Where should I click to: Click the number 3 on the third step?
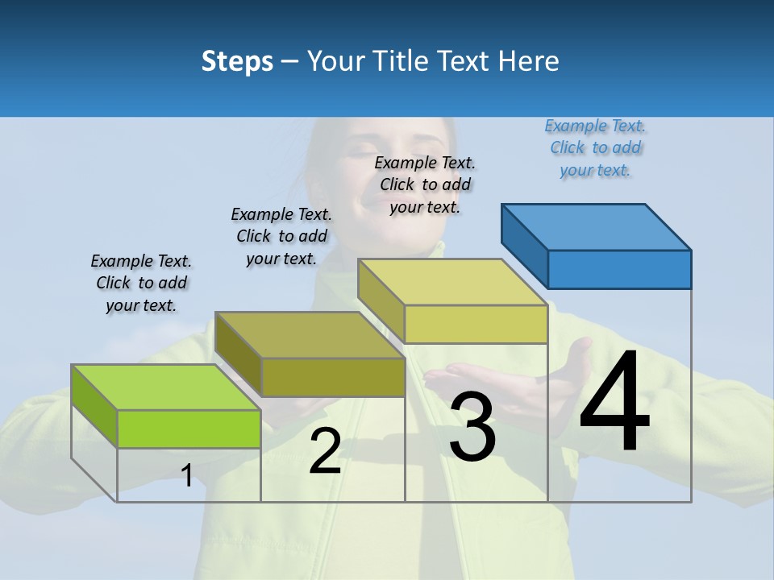click(472, 427)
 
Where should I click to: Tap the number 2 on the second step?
click(325, 451)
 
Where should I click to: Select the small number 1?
click(187, 475)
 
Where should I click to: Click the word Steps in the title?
click(237, 61)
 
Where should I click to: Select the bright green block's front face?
click(189, 429)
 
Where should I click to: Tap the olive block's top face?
click(310, 334)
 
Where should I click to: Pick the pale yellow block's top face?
click(452, 282)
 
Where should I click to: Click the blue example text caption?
click(595, 147)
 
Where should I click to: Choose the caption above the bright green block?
click(141, 283)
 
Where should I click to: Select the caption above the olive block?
click(281, 236)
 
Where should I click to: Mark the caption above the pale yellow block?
click(425, 184)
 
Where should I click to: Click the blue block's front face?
click(619, 269)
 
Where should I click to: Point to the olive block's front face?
click(333, 377)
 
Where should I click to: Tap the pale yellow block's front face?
click(476, 324)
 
